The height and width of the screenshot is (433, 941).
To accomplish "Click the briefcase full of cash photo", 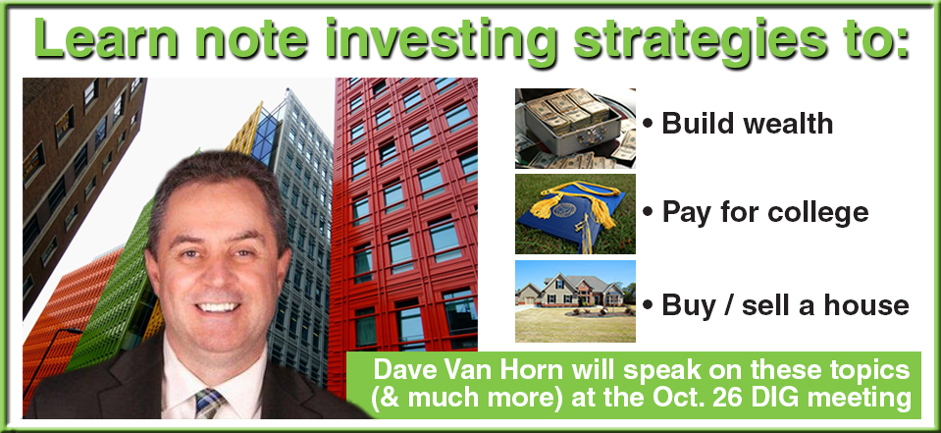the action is point(575,129).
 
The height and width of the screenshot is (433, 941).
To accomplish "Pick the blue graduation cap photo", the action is point(575,214).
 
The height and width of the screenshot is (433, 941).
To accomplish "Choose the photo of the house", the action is point(575,300).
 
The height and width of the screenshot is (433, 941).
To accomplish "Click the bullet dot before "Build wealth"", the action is point(648,125).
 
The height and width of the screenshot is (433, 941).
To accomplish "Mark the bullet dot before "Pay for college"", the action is point(648,213).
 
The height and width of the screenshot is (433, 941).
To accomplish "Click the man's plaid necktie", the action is point(209,403).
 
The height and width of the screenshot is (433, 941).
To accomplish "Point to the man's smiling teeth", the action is point(217,307).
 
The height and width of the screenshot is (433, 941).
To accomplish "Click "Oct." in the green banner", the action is point(658,399).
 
